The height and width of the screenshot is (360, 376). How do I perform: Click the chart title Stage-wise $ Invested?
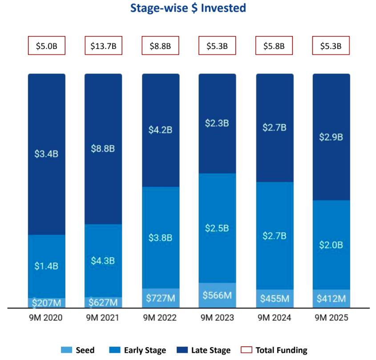point(188,8)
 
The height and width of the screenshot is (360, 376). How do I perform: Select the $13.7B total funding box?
point(103,45)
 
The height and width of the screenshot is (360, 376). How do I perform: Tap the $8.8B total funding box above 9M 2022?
point(160,45)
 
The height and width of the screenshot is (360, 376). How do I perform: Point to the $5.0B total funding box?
point(46,45)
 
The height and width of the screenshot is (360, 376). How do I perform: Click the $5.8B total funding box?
point(274,45)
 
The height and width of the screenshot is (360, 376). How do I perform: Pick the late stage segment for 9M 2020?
point(46,154)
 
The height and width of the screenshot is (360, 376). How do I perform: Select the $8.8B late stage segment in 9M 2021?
point(103,149)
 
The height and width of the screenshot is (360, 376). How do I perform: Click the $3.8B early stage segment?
point(160,237)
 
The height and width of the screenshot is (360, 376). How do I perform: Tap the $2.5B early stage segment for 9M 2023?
point(217,228)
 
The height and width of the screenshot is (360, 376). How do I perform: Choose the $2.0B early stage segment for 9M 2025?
point(331,245)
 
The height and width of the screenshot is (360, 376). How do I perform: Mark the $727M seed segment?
point(160,298)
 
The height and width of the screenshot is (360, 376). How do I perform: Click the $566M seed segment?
point(217,295)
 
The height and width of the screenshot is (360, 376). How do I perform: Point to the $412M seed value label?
point(331,299)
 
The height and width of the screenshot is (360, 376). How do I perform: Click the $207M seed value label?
point(46,303)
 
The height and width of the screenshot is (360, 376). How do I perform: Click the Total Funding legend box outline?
point(247,350)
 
